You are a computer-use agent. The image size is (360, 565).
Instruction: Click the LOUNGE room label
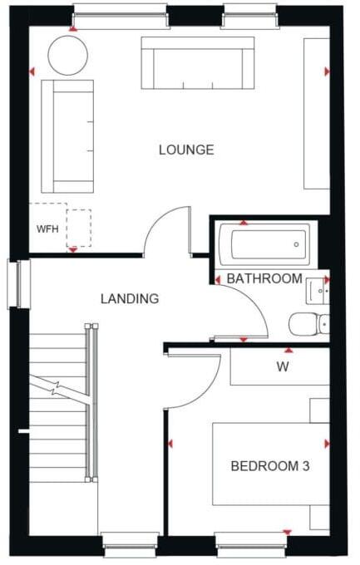(x=186, y=150)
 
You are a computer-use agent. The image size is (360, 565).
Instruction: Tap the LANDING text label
(x=129, y=298)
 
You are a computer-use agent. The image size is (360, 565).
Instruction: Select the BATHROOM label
(x=264, y=279)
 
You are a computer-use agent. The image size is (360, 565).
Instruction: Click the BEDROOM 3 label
(x=270, y=466)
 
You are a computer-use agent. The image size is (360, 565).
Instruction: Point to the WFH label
(x=47, y=228)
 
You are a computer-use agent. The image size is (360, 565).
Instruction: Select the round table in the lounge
(x=67, y=56)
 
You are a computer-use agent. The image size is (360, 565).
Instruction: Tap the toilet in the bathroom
(x=310, y=322)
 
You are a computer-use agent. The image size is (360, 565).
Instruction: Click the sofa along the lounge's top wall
(x=198, y=63)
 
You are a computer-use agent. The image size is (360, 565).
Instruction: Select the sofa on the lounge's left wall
(x=67, y=135)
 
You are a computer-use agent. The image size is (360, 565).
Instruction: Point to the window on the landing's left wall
(x=18, y=284)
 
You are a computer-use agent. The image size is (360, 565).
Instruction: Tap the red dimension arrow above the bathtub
(x=243, y=223)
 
